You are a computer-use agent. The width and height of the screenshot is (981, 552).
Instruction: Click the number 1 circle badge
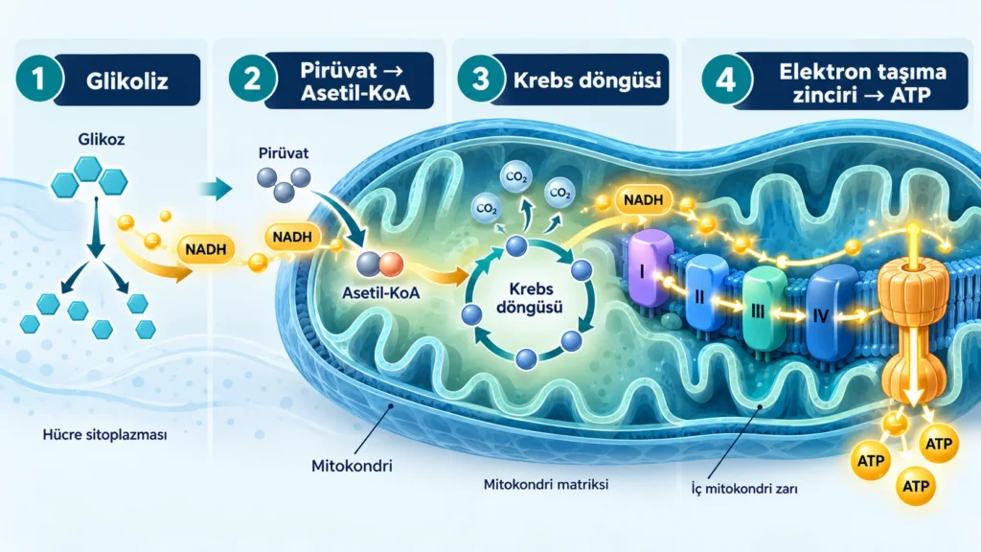38,79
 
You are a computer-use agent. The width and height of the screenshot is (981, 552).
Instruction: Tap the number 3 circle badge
481,79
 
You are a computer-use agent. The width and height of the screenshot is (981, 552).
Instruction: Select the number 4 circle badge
726,80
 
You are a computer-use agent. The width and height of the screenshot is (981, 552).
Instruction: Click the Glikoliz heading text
127,80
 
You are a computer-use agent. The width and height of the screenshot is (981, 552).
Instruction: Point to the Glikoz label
102,139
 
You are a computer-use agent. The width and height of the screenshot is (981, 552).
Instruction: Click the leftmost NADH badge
206,249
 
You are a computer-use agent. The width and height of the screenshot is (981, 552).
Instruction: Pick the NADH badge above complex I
643,200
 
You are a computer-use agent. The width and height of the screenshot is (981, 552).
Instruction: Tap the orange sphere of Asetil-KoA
391,264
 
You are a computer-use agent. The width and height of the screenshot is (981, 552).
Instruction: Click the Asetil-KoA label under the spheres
381,292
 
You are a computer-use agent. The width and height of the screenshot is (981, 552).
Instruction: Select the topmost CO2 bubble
516,177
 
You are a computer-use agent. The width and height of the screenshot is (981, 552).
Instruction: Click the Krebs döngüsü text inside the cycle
529,298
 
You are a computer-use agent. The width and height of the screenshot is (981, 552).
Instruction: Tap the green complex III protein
764,308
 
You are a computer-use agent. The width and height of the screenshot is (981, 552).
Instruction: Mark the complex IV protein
832,311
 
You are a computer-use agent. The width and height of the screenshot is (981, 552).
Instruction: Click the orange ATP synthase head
914,285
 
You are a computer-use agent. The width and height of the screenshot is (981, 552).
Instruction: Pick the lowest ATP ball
916,486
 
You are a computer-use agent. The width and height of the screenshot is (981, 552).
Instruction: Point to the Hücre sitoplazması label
104,434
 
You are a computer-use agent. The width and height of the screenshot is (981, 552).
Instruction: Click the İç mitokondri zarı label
744,490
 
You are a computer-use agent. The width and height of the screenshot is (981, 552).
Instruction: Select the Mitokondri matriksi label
546,484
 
